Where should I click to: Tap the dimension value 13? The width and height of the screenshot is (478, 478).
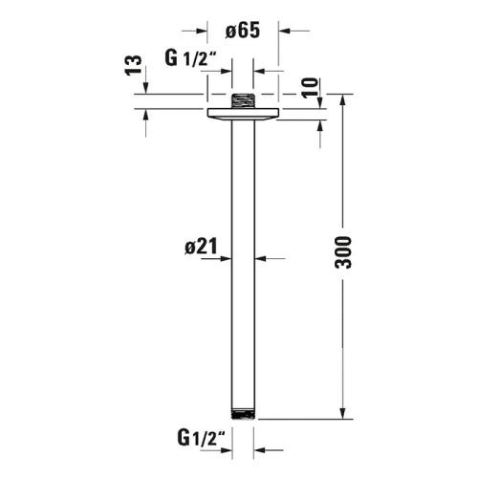point(134,66)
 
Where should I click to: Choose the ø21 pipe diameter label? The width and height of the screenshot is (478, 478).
point(201,247)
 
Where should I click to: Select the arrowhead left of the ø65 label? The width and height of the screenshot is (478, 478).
point(200,30)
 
